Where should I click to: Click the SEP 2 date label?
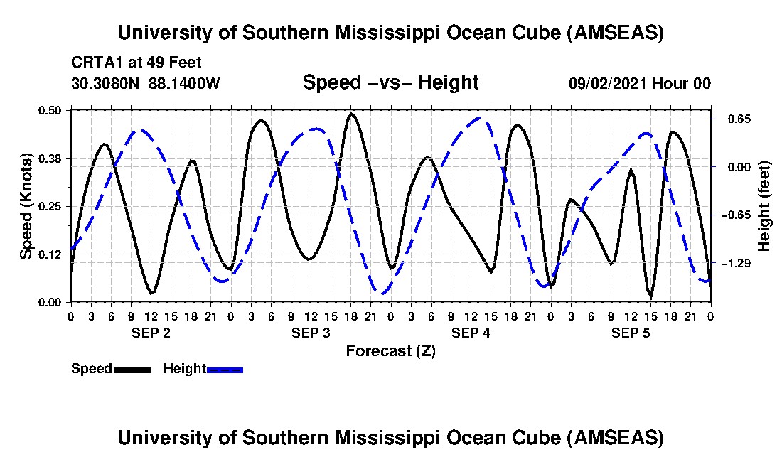tap(151, 333)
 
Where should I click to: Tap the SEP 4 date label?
tap(471, 333)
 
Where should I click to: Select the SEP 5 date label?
tap(631, 333)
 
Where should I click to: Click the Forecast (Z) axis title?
tap(390, 350)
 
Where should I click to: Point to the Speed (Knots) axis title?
tap(26, 205)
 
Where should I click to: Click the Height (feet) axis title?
tap(764, 206)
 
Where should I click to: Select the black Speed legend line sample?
tap(132, 370)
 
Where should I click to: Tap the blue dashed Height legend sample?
tap(225, 370)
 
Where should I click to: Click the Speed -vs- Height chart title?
tap(390, 82)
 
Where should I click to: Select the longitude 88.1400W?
tap(185, 84)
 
